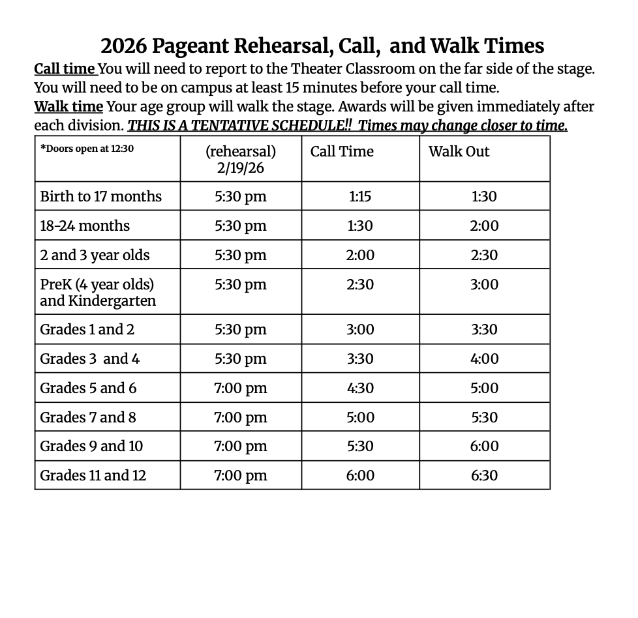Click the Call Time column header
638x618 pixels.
tap(342, 152)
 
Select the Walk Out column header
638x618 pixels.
tap(459, 152)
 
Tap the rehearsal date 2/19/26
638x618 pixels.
tap(241, 168)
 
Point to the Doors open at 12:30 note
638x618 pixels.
tap(87, 149)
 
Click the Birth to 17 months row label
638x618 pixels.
tap(100, 196)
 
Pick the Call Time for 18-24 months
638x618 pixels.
tap(360, 226)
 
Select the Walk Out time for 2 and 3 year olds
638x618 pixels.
tap(485, 255)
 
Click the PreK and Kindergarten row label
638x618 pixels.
tap(98, 292)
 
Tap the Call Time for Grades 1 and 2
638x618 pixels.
tap(360, 329)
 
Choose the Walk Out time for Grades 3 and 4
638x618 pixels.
tap(485, 359)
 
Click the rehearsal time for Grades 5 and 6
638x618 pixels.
tap(241, 388)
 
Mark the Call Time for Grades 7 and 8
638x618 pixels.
tap(360, 417)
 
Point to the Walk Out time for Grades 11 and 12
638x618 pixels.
tap(485, 475)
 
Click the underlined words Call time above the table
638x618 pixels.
tap(65, 69)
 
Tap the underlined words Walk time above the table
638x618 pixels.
tap(68, 106)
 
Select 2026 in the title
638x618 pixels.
tap(124, 46)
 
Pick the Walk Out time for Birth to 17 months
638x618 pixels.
tap(485, 196)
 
